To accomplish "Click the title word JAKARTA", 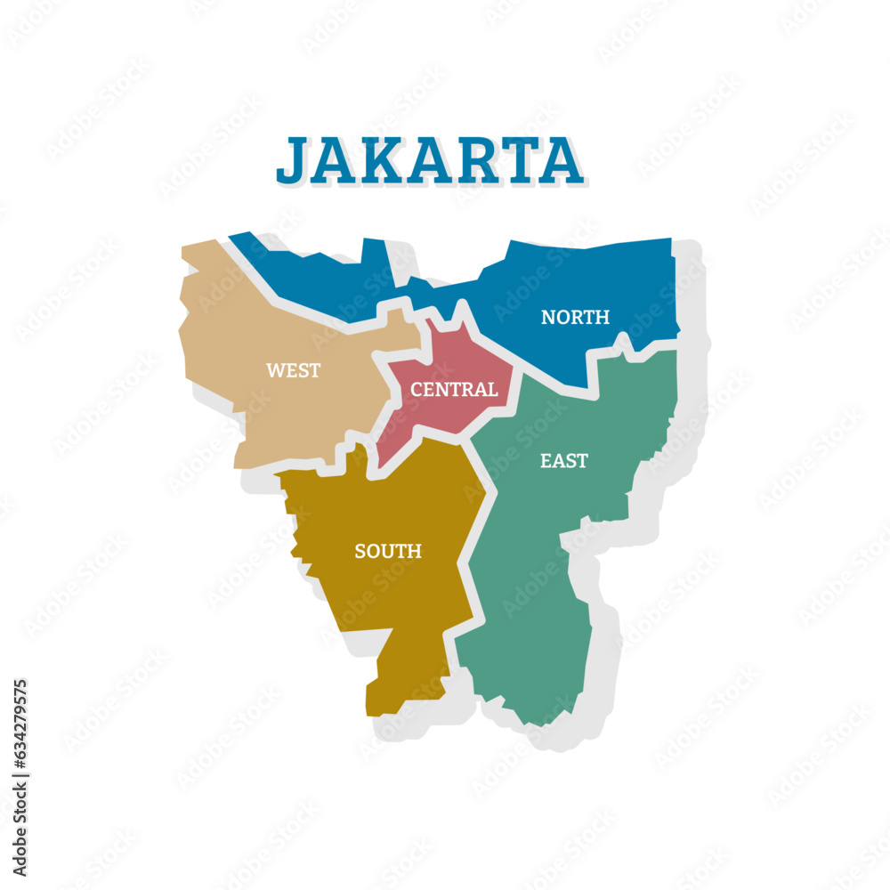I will pyautogui.click(x=429, y=160).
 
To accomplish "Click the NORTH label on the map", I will pyautogui.click(x=575, y=317).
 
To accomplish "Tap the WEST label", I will pyautogui.click(x=293, y=370).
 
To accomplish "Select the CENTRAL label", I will pyautogui.click(x=453, y=389).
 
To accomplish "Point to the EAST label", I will pyautogui.click(x=564, y=460).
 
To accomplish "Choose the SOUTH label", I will pyautogui.click(x=388, y=551).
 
